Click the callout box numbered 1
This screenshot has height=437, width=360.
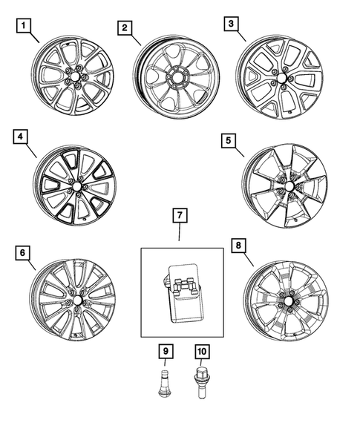[25, 28]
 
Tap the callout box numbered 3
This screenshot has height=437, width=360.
[232, 24]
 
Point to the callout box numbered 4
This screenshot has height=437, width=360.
[21, 137]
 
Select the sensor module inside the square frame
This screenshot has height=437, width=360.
[186, 293]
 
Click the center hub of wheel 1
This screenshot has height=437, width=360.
[73, 77]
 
